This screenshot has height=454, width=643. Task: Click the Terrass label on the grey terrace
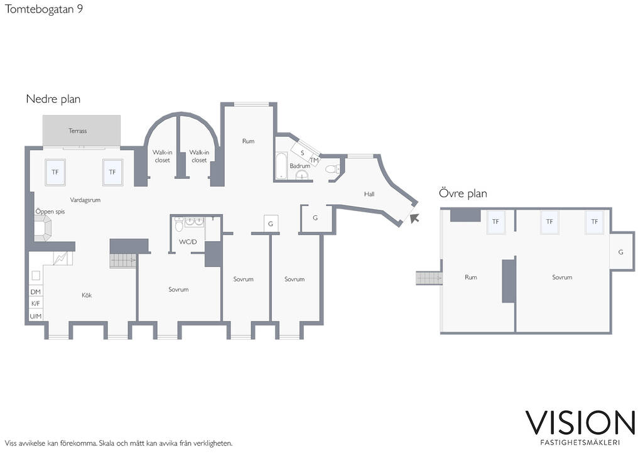(77, 131)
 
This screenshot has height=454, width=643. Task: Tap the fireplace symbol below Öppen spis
(42, 229)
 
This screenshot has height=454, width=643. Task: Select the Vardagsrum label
(85, 200)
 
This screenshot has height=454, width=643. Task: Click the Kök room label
(87, 295)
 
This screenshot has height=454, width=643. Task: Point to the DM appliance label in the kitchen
(36, 292)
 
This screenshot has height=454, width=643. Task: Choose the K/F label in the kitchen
(36, 304)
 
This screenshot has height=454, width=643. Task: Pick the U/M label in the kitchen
(36, 316)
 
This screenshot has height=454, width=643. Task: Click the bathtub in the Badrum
(281, 166)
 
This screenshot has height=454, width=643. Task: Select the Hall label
(369, 194)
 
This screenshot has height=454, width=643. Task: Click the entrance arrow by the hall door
(414, 218)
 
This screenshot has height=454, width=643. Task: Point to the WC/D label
(188, 242)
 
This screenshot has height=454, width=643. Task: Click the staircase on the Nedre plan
(123, 261)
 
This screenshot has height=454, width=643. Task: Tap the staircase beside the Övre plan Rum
(430, 278)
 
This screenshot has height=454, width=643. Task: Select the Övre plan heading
(463, 193)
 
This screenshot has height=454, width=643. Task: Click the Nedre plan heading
(53, 99)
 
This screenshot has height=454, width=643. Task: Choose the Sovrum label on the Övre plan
(562, 278)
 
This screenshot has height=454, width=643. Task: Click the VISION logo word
(580, 423)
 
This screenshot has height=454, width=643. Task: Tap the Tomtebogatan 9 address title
(44, 9)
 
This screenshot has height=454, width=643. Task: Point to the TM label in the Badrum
(315, 160)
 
